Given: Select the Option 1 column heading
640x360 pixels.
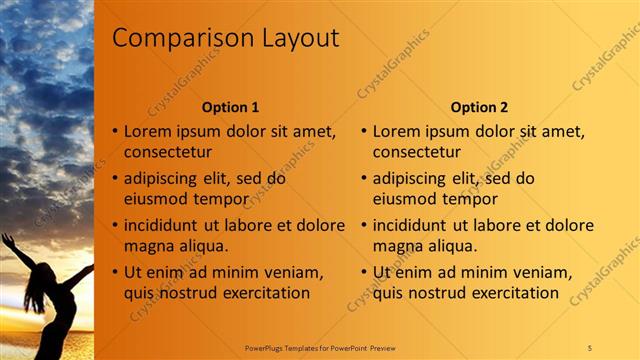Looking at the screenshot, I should [230, 107].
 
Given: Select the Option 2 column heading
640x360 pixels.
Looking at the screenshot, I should [479, 107].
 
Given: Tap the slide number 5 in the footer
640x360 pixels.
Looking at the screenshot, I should [589, 347].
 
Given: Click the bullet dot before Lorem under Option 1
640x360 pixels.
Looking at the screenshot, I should [115, 131].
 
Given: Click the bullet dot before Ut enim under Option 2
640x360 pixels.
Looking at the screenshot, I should [364, 272].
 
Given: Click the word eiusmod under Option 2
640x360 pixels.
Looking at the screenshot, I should [408, 199].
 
